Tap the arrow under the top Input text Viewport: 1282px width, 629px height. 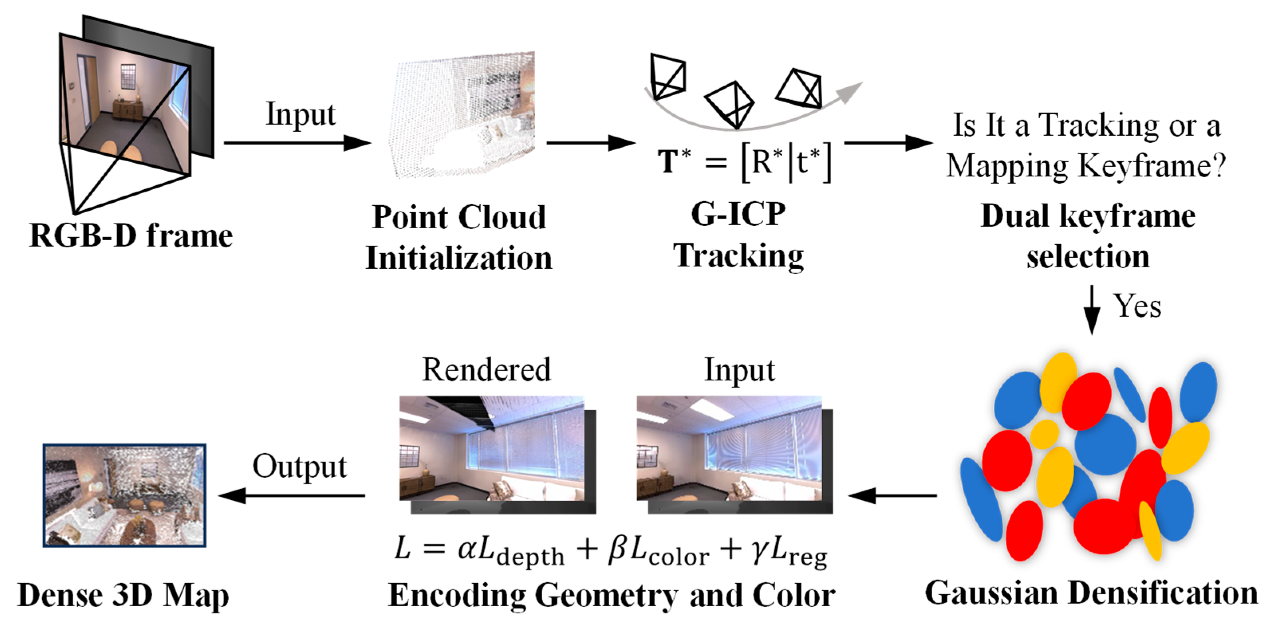[x=297, y=143]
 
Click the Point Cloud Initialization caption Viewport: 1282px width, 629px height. [x=459, y=238]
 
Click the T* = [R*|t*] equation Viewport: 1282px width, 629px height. [x=744, y=162]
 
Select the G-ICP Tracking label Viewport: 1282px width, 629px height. [x=738, y=235]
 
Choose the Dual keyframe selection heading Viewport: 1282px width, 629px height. [x=1088, y=237]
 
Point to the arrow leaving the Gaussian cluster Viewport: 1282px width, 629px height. [x=892, y=496]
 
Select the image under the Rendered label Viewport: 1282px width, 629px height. [x=492, y=449]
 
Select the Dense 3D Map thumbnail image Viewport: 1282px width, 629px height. [x=124, y=496]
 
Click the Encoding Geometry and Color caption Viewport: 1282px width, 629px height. [x=611, y=595]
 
